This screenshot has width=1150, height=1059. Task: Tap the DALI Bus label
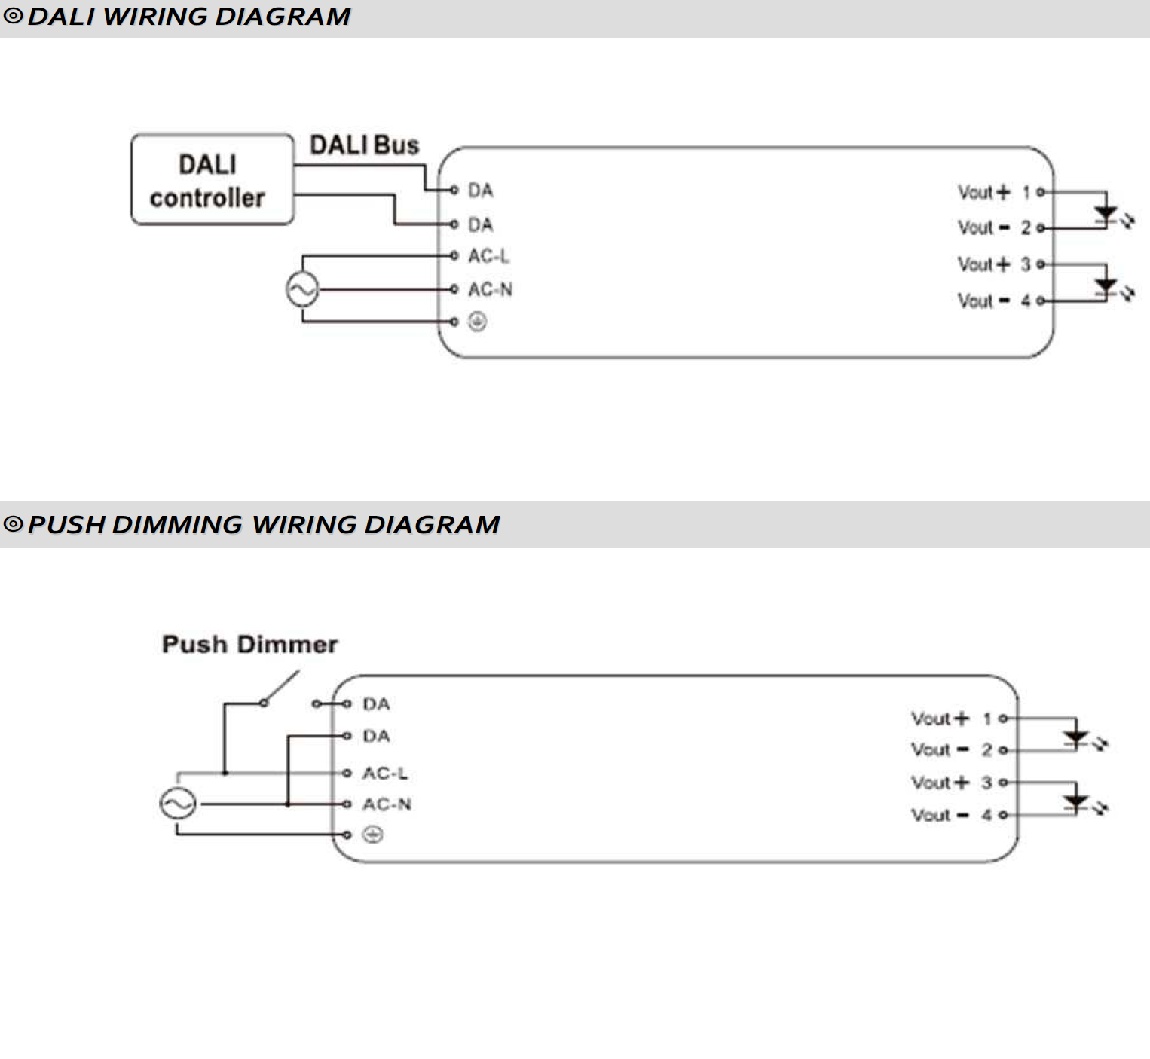coord(365,145)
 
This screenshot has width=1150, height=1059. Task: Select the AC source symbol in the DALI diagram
coord(302,289)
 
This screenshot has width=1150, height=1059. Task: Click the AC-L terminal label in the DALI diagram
coord(488,255)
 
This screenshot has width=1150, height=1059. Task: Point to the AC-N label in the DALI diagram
coord(490,289)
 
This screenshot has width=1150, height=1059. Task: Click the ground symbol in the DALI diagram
coord(477,322)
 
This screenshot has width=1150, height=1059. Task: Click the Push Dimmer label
coord(250,644)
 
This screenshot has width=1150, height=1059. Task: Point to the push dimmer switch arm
coord(281,686)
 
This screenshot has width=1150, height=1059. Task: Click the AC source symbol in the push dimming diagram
coord(178,804)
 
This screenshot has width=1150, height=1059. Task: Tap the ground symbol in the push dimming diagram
coord(372,835)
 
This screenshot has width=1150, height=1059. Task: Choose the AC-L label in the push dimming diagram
coord(385,773)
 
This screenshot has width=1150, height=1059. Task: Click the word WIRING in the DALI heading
coord(154,17)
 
